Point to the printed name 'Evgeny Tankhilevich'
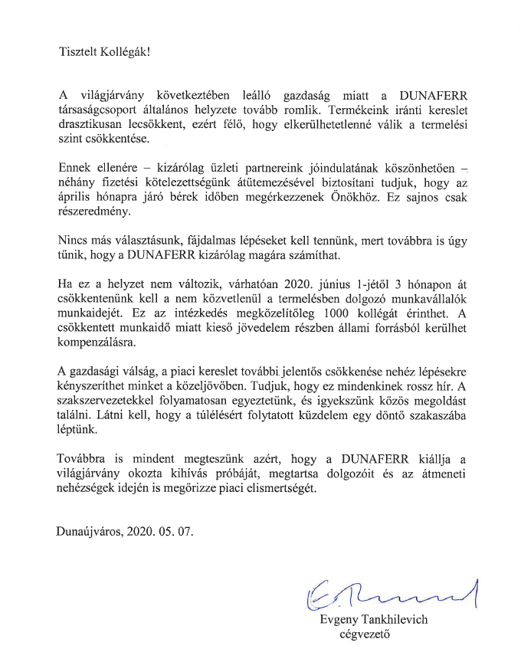[x=373, y=619]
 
